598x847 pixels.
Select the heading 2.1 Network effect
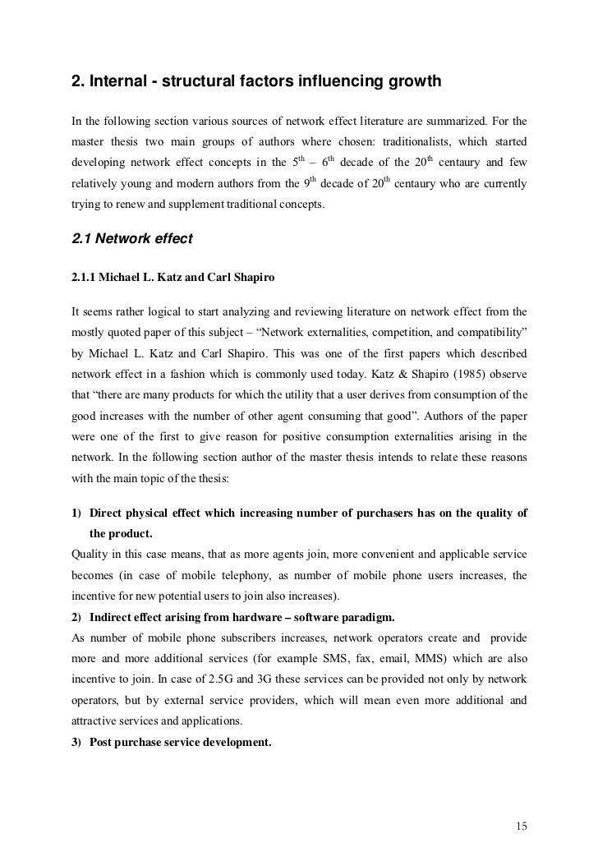click(132, 239)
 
